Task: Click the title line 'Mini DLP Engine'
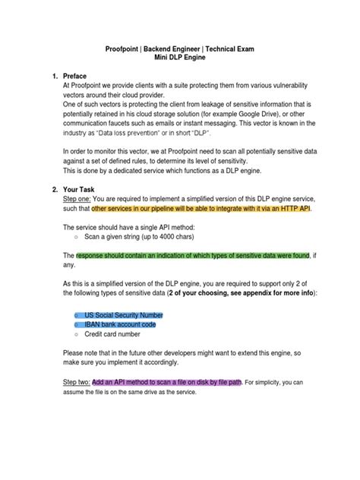click(179, 58)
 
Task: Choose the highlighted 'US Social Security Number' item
click(124, 314)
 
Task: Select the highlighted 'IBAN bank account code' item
click(120, 324)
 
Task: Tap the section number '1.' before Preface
click(54, 77)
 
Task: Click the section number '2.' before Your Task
click(54, 188)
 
